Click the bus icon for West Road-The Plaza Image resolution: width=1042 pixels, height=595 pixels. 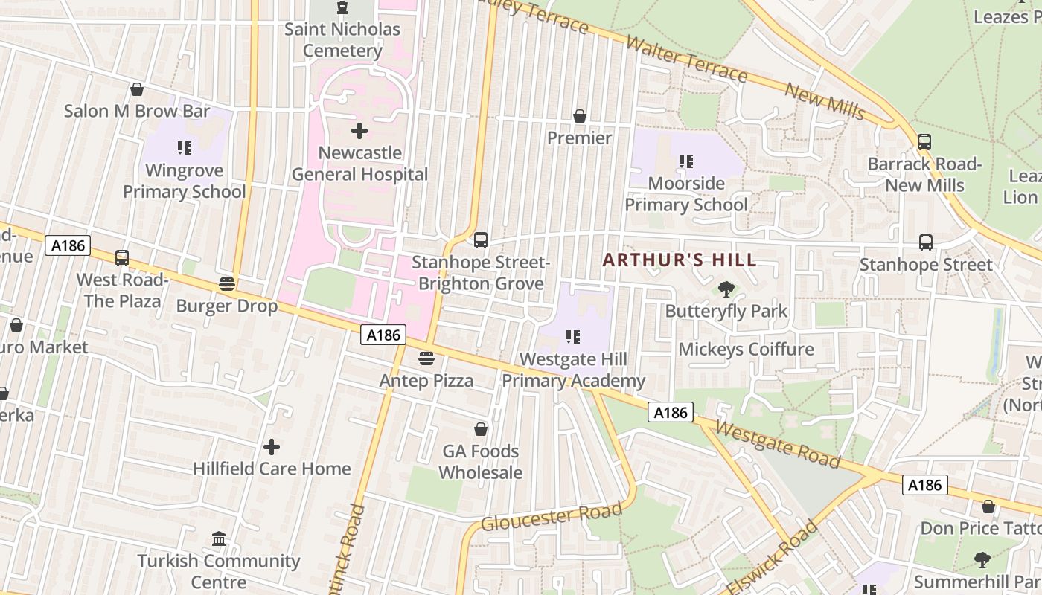tap(122, 258)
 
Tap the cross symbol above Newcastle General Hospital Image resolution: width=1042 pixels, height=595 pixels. tap(359, 132)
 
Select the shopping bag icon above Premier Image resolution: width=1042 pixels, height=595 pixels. tap(579, 116)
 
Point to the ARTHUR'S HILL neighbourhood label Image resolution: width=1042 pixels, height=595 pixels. tap(679, 260)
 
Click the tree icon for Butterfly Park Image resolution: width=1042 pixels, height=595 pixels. tap(726, 289)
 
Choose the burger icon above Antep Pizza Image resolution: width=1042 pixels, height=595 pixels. tap(426, 358)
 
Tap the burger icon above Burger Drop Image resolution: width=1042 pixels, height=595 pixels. tap(227, 284)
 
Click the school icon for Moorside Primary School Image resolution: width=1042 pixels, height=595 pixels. tap(685, 161)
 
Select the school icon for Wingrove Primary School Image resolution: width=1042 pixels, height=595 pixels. tap(185, 148)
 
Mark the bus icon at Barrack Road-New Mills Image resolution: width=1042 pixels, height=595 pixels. tap(924, 141)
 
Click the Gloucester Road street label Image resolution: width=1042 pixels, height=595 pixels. tap(551, 515)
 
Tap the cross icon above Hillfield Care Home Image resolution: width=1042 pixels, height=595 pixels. tap(272, 447)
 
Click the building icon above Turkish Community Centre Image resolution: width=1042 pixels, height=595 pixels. tap(219, 538)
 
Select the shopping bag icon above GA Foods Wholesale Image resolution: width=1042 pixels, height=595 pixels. tap(481, 429)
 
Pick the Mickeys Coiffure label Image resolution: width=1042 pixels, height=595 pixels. tap(746, 349)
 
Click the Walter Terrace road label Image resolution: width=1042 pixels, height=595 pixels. tap(686, 59)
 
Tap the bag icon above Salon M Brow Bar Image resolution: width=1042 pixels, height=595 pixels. tap(137, 89)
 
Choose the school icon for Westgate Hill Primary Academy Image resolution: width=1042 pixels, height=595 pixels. tap(572, 337)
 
